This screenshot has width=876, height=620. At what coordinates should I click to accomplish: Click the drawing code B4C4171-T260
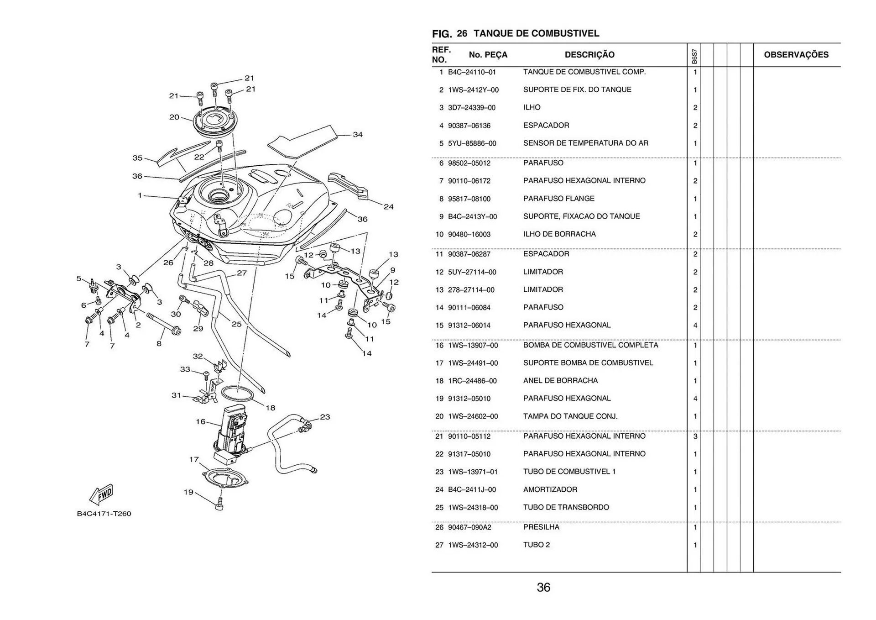coord(104,514)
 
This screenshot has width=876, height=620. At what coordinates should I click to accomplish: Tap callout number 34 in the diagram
coord(358,135)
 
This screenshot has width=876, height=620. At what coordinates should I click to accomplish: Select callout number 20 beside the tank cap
coord(174,117)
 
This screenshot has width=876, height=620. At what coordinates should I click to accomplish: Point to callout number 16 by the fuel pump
coord(201,421)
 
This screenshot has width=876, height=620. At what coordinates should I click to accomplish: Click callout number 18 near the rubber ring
coord(271,408)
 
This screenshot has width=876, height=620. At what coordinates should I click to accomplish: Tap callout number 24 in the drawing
coord(388,207)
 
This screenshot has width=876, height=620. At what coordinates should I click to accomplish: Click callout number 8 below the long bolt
coord(159,343)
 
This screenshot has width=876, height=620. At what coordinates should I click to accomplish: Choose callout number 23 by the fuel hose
coord(325,417)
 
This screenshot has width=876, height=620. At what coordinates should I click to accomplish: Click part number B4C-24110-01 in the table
coord(472,72)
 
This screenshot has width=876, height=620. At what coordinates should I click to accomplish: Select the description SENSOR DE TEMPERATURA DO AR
coord(585,143)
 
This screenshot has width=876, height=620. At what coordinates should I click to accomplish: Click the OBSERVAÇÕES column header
coord(796,55)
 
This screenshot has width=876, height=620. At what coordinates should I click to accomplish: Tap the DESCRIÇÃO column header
coord(589,55)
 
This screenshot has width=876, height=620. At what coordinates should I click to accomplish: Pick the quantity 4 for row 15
coord(695,326)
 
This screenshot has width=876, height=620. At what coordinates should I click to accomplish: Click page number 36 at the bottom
coord(543,588)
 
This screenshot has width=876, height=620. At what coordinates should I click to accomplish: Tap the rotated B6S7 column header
coord(694,57)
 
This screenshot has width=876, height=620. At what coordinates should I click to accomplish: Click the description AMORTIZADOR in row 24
coord(550,489)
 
